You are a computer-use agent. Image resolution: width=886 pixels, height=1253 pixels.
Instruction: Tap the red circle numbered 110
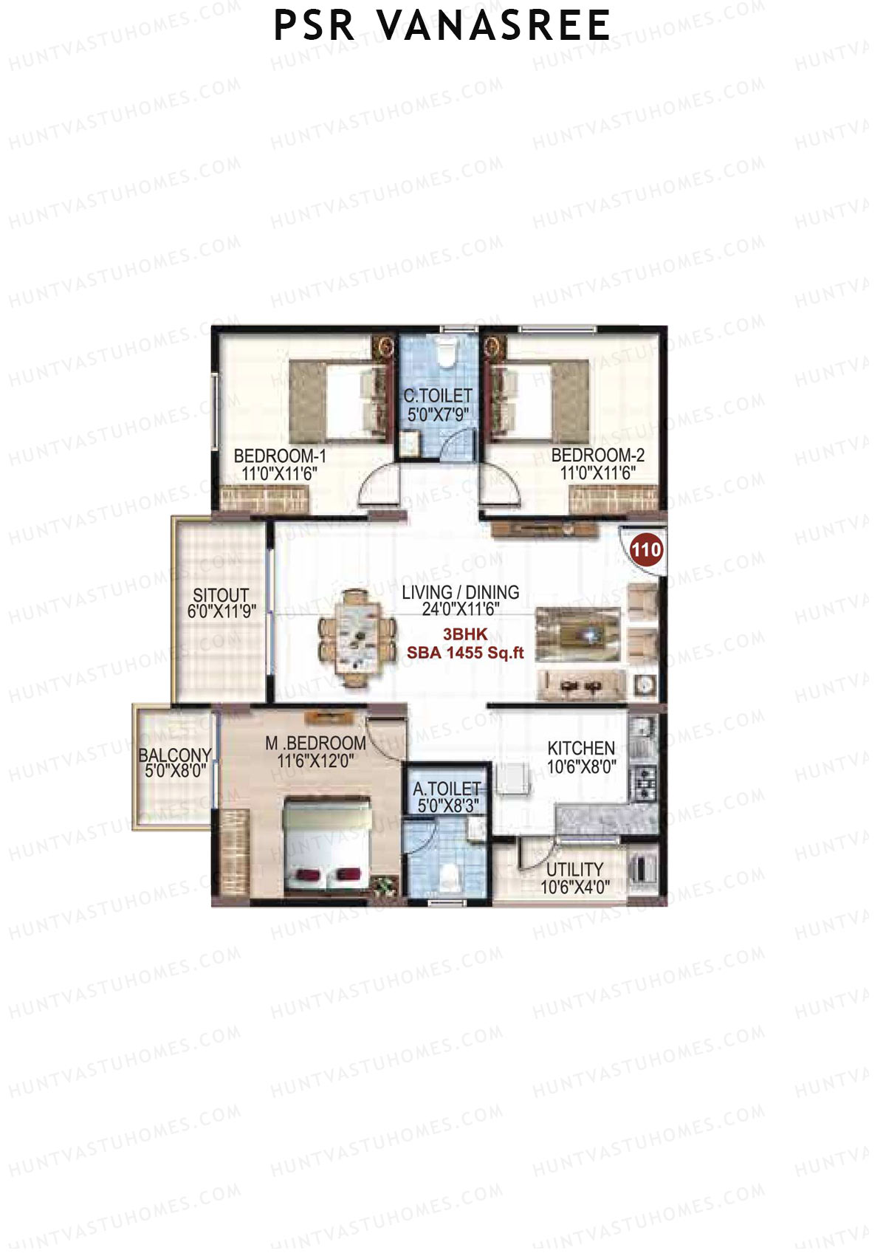[646, 549]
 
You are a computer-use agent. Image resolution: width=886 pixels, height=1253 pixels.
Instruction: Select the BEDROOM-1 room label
[280, 456]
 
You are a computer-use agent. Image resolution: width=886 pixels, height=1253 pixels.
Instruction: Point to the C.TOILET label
[438, 397]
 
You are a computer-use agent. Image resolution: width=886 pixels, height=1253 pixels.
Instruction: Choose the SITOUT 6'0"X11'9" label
[221, 603]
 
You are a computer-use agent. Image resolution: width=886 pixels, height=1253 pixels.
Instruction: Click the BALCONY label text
[175, 755]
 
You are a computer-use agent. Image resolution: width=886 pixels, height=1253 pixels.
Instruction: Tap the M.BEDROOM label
[315, 744]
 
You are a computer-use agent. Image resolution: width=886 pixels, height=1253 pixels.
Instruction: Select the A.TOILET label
[447, 789]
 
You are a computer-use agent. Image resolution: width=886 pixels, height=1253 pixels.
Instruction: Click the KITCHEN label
[581, 748]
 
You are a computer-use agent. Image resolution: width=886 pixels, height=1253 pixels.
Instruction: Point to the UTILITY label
[574, 869]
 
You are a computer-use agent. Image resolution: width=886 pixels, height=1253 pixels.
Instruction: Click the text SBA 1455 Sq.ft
[465, 653]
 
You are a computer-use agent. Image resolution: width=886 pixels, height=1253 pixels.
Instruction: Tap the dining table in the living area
[358, 638]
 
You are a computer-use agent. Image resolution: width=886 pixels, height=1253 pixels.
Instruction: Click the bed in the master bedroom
[327, 845]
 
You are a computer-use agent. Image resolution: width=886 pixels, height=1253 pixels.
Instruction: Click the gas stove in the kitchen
[645, 785]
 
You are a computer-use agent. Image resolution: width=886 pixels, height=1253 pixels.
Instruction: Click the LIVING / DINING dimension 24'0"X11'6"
[461, 609]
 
